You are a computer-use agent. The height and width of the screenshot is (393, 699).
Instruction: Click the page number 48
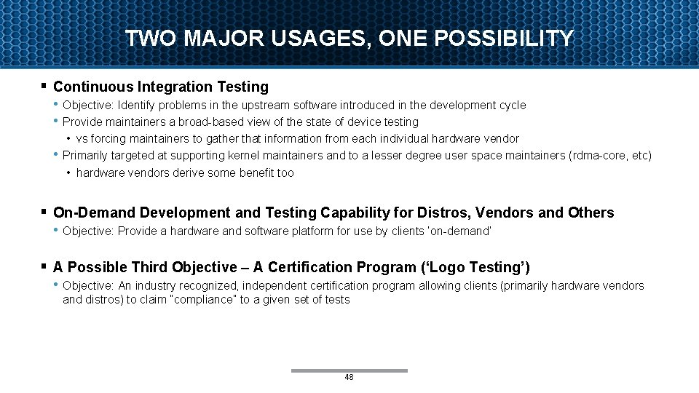(349, 377)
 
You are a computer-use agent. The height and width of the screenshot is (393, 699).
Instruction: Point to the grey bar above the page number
(349, 370)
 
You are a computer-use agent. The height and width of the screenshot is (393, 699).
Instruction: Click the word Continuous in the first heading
(91, 87)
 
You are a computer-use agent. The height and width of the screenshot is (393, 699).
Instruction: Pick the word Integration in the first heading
(171, 87)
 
